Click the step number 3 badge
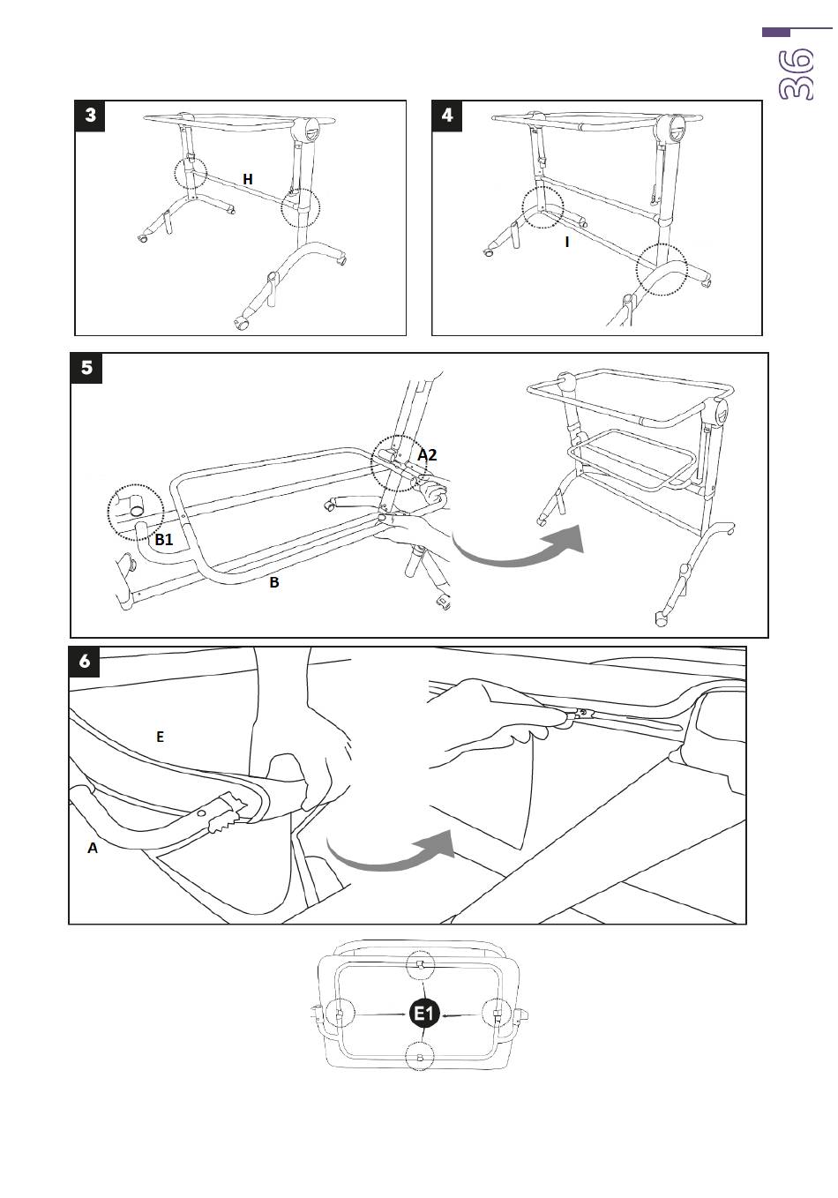[x=92, y=116]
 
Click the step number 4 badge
[x=448, y=116]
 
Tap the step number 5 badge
[x=86, y=368]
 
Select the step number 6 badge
[x=85, y=662]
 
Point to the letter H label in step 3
[x=248, y=179]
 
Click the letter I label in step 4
[x=566, y=241]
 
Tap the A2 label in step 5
[x=427, y=455]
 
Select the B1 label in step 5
[x=164, y=539]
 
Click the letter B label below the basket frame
[x=274, y=582]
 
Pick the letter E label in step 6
[x=160, y=737]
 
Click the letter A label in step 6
[x=92, y=848]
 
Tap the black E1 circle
[x=425, y=1014]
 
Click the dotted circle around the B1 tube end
[x=136, y=510]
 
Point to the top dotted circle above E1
[x=421, y=966]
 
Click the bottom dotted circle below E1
[x=420, y=1057]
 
